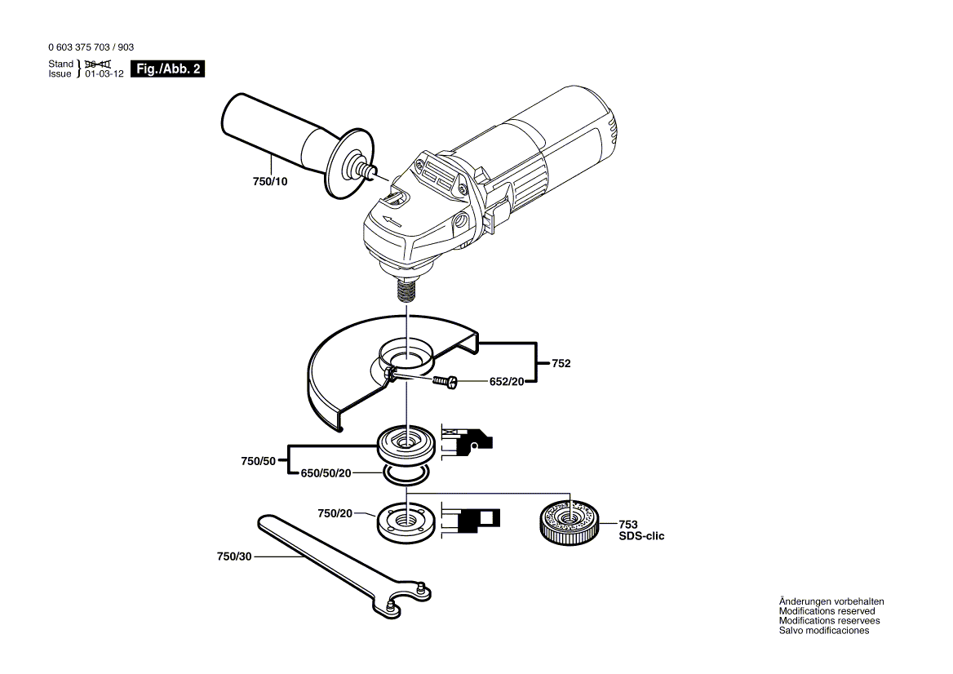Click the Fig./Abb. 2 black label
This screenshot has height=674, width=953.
click(167, 69)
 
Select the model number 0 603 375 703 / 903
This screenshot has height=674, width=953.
click(91, 48)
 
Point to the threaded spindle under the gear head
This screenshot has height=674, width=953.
click(406, 290)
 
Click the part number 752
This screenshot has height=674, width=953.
click(561, 363)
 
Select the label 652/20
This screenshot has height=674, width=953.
click(507, 381)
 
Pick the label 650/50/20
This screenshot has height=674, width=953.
click(326, 473)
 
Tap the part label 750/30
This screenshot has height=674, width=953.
click(234, 556)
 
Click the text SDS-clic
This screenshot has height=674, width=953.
click(641, 536)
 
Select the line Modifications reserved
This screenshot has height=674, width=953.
click(827, 611)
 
